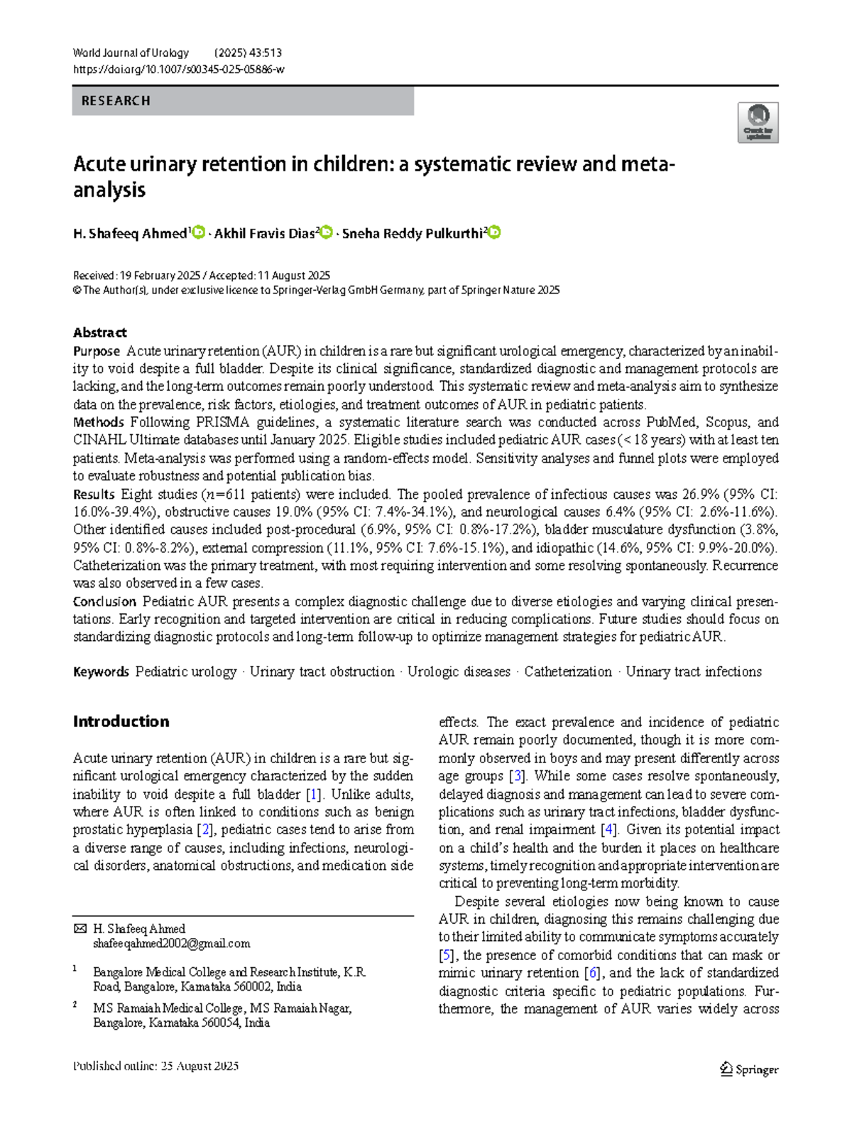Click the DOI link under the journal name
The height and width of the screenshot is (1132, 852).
click(x=178, y=70)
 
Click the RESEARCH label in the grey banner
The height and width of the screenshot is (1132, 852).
click(x=116, y=101)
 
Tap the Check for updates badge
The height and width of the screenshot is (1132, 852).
click(x=758, y=122)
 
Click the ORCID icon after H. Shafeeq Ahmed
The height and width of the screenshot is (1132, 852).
click(x=199, y=232)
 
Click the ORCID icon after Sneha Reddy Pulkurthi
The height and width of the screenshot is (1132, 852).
click(x=494, y=232)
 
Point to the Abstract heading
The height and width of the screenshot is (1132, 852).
click(x=99, y=333)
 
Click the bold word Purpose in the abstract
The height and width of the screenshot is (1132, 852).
click(x=97, y=351)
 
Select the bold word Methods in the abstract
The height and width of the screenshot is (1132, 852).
click(x=99, y=422)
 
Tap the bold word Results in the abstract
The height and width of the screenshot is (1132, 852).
click(x=94, y=494)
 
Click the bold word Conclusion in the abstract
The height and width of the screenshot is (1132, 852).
click(x=104, y=601)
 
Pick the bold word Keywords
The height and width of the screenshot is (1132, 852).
click(x=101, y=672)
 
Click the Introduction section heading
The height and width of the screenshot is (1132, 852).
click(x=121, y=721)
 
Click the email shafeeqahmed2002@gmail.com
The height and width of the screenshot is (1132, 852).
click(x=171, y=944)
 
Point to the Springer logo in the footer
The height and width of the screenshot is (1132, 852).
click(x=749, y=1069)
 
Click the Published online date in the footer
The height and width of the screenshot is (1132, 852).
click(x=155, y=1066)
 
